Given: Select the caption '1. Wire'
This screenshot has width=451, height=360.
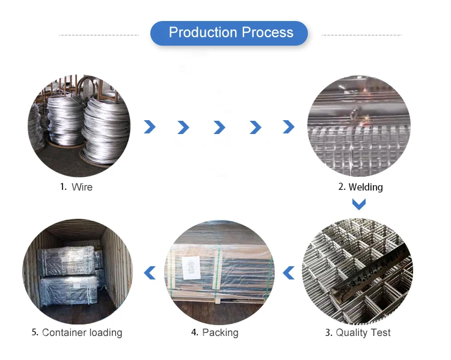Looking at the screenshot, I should tap(76, 187).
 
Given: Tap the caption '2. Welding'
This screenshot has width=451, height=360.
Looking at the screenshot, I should tap(360, 187).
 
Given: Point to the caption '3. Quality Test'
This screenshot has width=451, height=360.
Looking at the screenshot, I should tap(358, 332).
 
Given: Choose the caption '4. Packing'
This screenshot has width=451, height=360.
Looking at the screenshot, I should tap(214, 332).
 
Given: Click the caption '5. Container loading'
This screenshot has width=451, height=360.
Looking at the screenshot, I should tap(76, 332).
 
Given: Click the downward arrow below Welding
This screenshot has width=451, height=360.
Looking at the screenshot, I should tap(359, 204).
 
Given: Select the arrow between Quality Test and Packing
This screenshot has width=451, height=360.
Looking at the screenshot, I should tap(289, 273).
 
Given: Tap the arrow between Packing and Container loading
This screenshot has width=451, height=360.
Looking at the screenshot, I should tap(150, 273).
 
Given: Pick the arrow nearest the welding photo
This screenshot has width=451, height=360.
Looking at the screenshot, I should tap(289, 127).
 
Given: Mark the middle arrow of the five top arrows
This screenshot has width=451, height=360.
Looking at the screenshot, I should tap(219, 127).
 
